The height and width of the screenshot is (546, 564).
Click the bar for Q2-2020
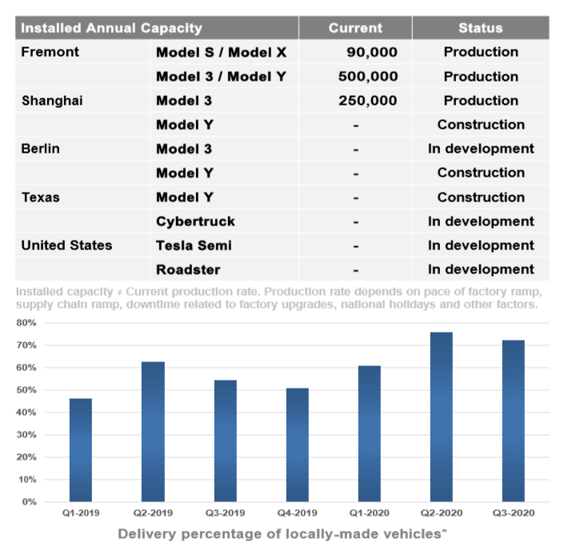(x=440, y=416)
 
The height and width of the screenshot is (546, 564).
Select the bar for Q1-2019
(x=80, y=449)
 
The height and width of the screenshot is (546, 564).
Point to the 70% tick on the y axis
(x=26, y=345)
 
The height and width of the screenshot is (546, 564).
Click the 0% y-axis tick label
(x=29, y=502)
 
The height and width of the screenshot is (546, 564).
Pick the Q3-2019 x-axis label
(x=224, y=513)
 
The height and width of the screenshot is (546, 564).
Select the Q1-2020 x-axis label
(x=368, y=513)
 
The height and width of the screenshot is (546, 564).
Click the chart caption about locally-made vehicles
(x=282, y=533)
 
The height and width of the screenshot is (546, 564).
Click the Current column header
(x=355, y=28)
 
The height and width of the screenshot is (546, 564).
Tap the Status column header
(x=480, y=28)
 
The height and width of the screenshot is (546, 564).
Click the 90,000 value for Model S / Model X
(x=372, y=53)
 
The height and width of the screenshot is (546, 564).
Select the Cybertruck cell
(x=195, y=221)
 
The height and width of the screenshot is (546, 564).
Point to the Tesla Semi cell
(x=194, y=245)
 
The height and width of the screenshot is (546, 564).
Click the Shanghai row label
(x=52, y=101)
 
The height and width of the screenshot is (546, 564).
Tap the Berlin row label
(x=40, y=149)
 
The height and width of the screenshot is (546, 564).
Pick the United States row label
(x=66, y=245)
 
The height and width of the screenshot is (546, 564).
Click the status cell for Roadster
(x=481, y=269)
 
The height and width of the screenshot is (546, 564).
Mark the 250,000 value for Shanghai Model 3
(x=368, y=101)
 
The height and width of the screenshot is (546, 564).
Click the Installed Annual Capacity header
(x=111, y=28)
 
